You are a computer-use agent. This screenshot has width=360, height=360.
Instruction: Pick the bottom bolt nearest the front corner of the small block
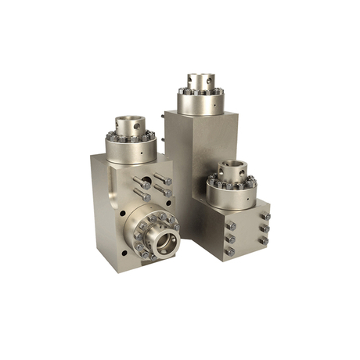(230, 251)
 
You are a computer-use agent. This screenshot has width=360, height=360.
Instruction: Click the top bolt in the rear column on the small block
(266, 216)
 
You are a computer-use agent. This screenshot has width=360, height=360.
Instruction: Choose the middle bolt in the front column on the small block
(231, 239)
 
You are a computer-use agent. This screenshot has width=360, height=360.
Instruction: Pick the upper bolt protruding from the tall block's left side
(164, 117)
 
